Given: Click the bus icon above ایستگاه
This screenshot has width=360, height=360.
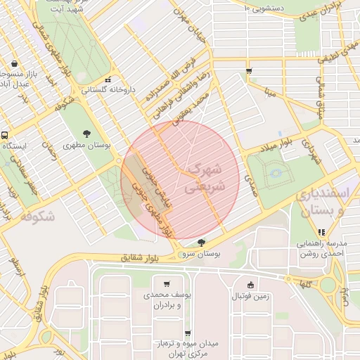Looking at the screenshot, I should pyautogui.click(x=5, y=134).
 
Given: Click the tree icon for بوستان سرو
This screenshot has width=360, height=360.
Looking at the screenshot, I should pyautogui.click(x=202, y=242).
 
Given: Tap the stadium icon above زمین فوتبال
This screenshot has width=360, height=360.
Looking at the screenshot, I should pyautogui.click(x=251, y=285).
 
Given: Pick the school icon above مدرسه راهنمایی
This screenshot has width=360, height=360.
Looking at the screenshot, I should pyautogui.click(x=321, y=232).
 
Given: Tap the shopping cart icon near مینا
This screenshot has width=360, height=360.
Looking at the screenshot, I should pyautogui.click(x=250, y=71).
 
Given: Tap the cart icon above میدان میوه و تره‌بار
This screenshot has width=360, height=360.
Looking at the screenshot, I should pyautogui.click(x=187, y=333).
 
